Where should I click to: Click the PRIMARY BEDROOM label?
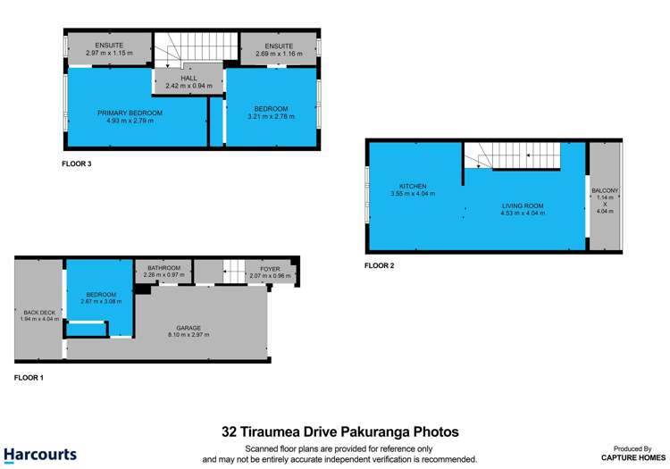click(x=130, y=113)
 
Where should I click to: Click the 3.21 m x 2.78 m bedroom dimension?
click(x=270, y=116)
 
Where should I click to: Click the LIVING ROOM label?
click(x=522, y=205)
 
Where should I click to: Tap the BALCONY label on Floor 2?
click(x=605, y=190)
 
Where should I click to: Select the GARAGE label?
click(x=188, y=328)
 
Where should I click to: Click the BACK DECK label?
click(x=38, y=313)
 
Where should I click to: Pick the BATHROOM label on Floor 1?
click(x=163, y=268)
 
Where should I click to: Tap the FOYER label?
click(x=270, y=268)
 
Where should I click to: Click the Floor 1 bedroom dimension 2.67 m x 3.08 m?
click(x=100, y=301)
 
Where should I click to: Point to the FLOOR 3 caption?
click(x=77, y=163)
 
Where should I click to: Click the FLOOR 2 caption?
click(x=380, y=265)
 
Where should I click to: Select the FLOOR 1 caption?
click(x=29, y=378)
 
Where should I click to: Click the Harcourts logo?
click(x=41, y=454)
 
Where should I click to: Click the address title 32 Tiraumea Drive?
click(x=340, y=431)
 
